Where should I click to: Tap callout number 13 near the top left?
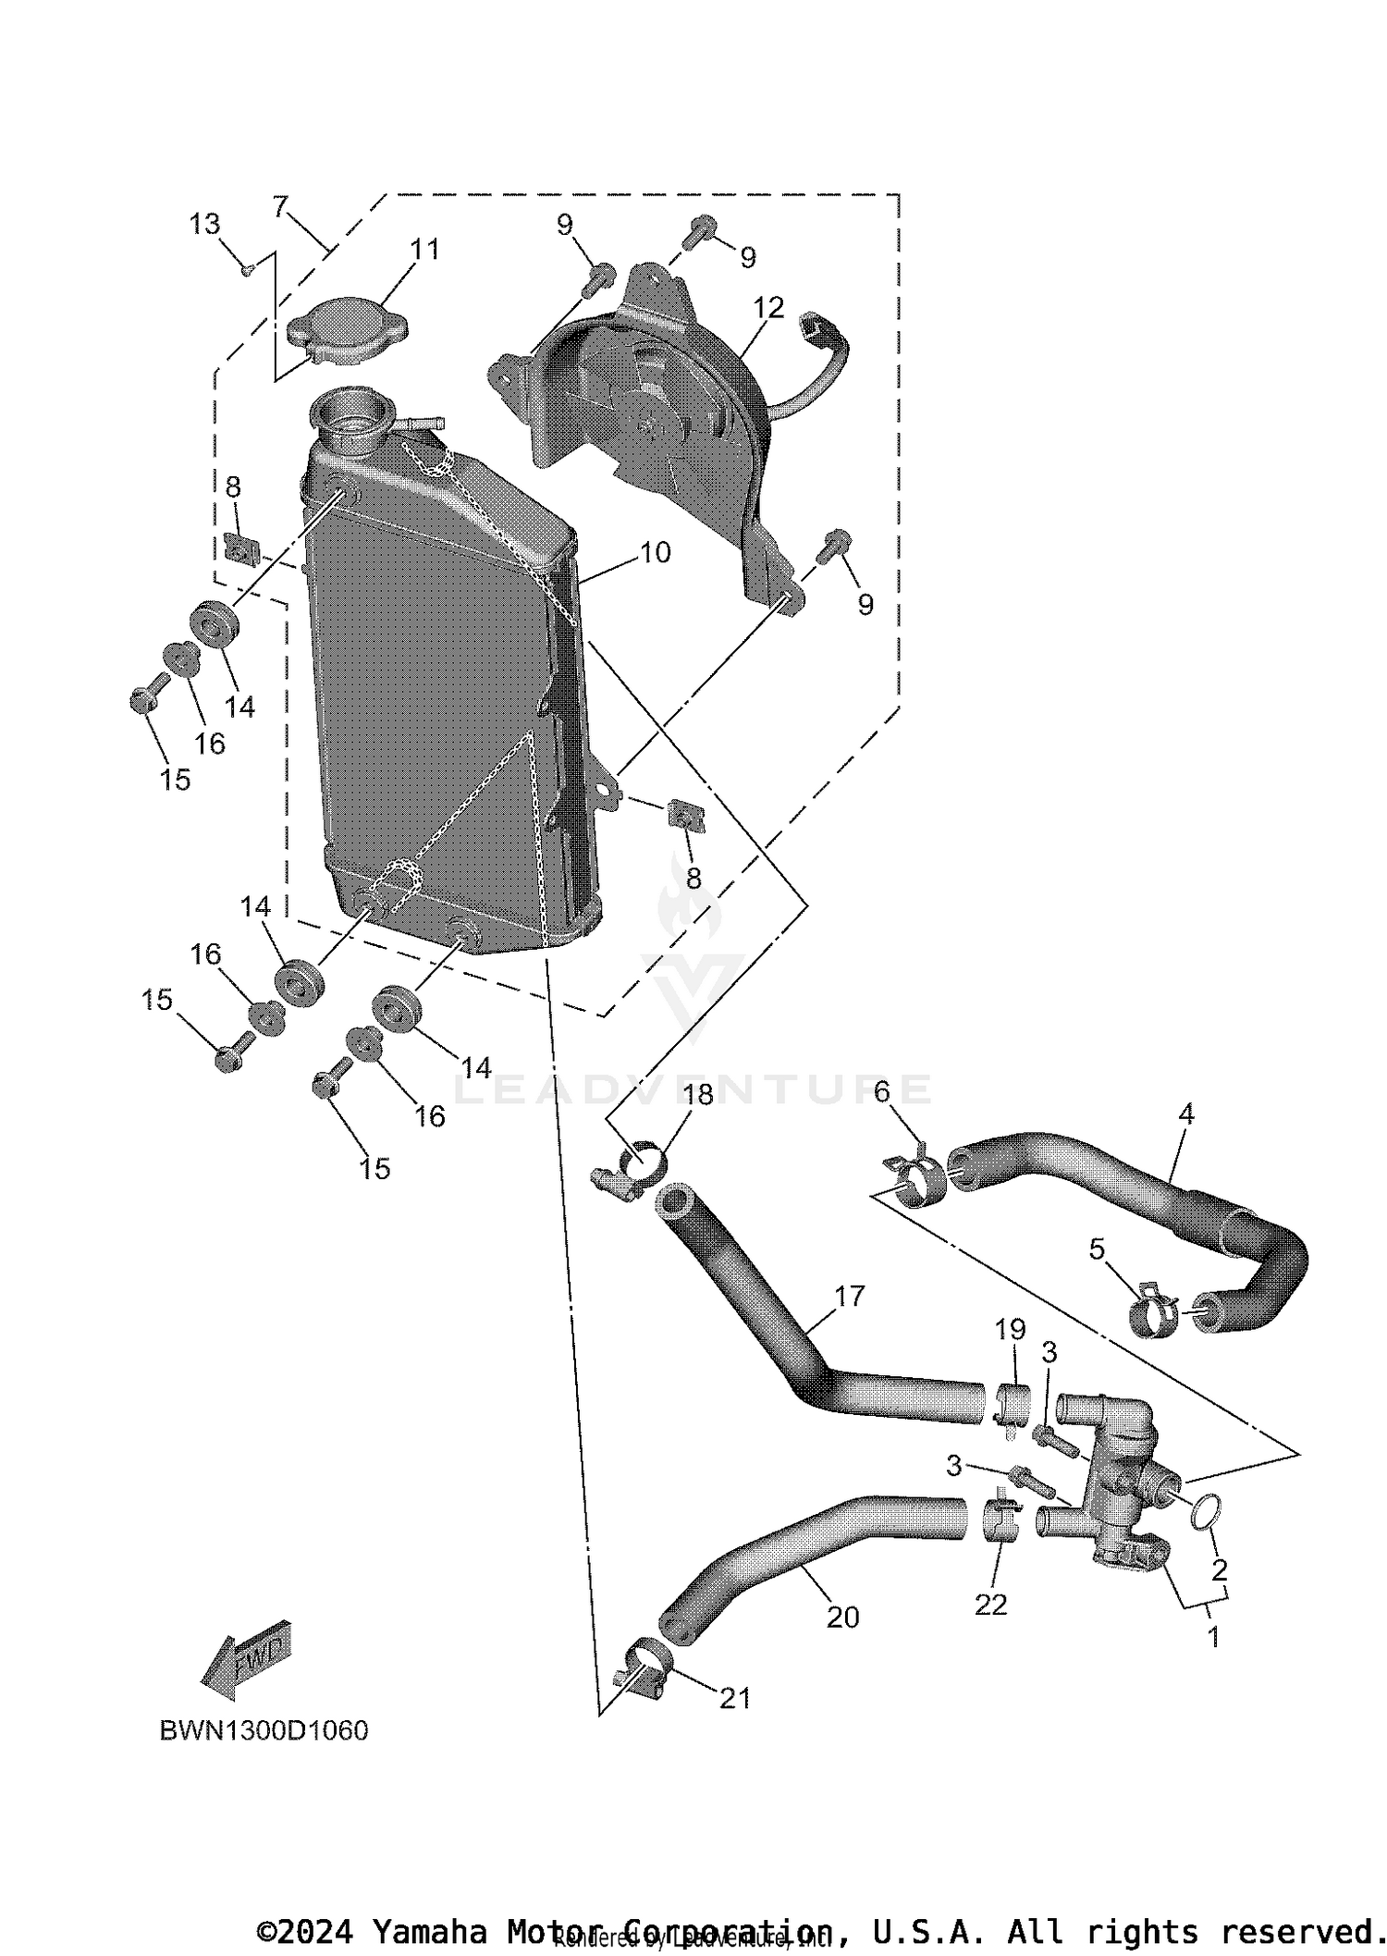[x=205, y=224]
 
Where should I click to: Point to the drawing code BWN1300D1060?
[x=264, y=1730]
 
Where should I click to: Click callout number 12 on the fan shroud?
[x=768, y=307]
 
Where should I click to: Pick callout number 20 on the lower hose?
[x=842, y=1617]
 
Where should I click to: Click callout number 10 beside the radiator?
[x=655, y=552]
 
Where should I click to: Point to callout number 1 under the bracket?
[x=1213, y=1636]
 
